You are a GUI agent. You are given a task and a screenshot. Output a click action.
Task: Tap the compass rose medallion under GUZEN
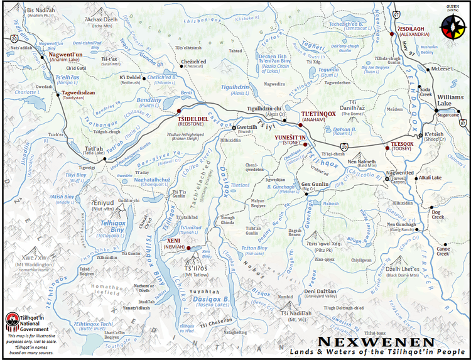tap(453, 26)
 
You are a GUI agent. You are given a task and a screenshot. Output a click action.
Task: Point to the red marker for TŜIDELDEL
tap(177, 112)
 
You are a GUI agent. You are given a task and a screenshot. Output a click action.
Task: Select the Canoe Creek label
tap(443, 250)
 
